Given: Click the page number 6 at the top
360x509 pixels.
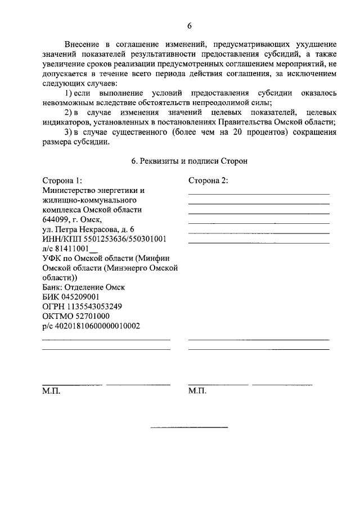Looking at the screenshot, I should (189, 26).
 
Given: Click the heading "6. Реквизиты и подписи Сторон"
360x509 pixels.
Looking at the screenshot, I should (189, 161).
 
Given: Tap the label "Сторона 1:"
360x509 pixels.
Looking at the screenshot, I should (62, 181).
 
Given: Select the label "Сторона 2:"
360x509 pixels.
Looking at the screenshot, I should (208, 181).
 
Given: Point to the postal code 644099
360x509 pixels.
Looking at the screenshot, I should (56, 219).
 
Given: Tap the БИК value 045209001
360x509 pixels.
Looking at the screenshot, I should (79, 296).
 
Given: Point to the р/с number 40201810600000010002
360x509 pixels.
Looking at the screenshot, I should (96, 325).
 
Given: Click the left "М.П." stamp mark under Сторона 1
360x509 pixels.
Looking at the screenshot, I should (51, 390).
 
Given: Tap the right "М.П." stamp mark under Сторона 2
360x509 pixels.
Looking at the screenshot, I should (197, 390).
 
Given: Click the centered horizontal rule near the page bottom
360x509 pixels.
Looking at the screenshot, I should (189, 428).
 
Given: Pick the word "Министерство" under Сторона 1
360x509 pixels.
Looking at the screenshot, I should (68, 190).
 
